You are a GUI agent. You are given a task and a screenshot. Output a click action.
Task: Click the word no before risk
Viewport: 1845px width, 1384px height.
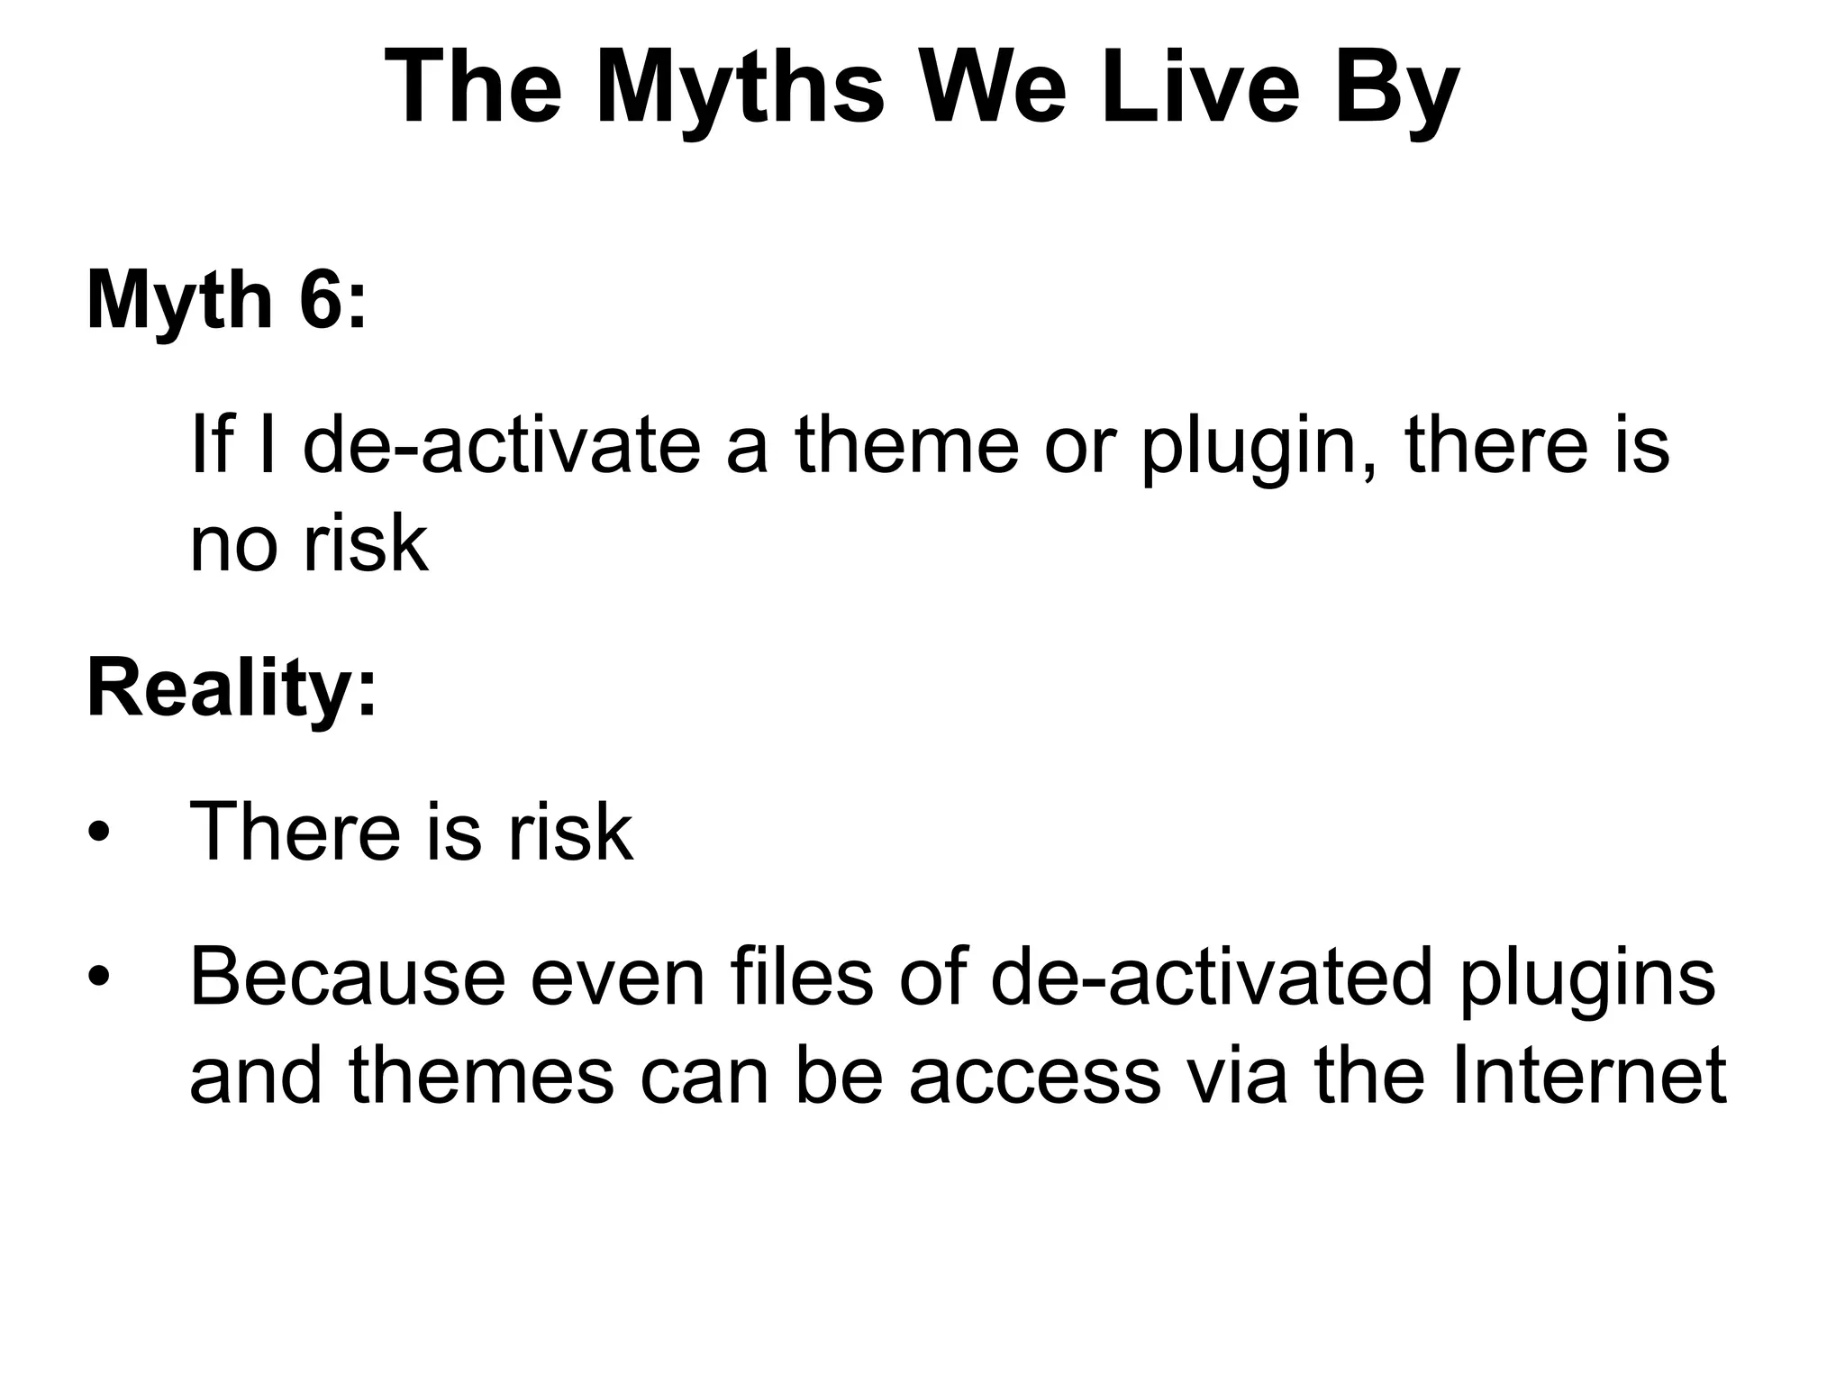pos(236,545)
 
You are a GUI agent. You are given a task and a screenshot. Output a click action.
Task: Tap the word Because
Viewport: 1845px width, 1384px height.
pos(348,978)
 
